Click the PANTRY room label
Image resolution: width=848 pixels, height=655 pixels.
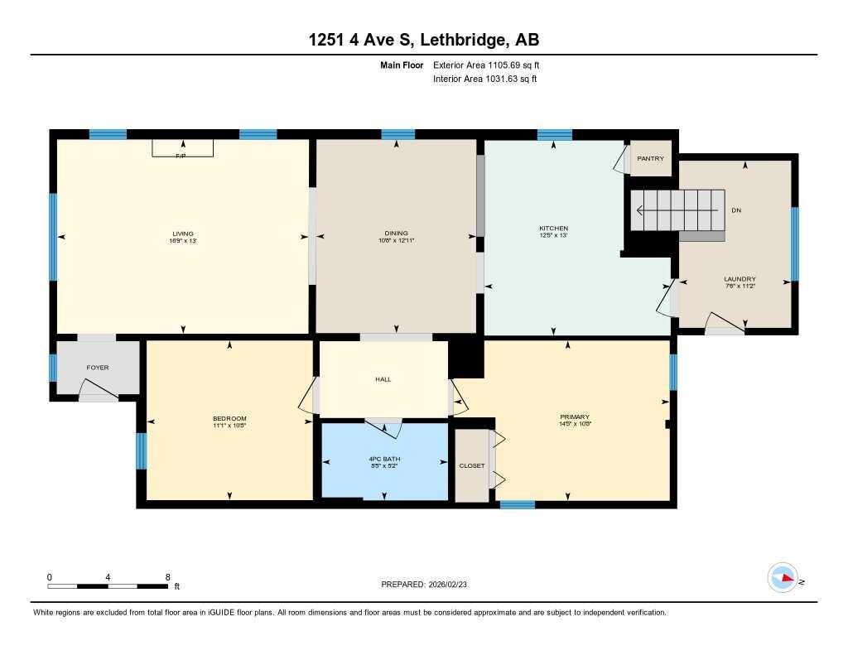(x=650, y=159)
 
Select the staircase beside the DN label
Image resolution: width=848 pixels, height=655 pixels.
(x=678, y=210)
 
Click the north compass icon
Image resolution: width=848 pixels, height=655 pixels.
(x=783, y=578)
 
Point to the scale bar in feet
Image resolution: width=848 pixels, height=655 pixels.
(x=109, y=586)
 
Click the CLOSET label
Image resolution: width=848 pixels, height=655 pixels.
(x=472, y=465)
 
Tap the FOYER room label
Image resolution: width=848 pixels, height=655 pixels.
(x=98, y=368)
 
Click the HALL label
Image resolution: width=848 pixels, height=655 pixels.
(x=382, y=379)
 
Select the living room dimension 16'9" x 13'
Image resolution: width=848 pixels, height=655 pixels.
(x=183, y=241)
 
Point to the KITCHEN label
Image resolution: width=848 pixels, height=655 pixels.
(x=553, y=228)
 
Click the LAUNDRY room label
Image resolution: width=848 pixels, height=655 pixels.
(x=740, y=279)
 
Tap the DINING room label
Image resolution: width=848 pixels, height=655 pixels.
(x=396, y=233)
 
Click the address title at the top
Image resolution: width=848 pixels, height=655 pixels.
(x=423, y=40)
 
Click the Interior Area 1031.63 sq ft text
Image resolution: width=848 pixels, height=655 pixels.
(x=485, y=79)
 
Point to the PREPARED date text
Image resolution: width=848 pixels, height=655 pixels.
(x=429, y=585)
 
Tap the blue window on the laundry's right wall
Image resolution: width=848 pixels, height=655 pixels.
(x=794, y=244)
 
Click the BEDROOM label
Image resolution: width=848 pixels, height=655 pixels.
(x=229, y=418)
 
